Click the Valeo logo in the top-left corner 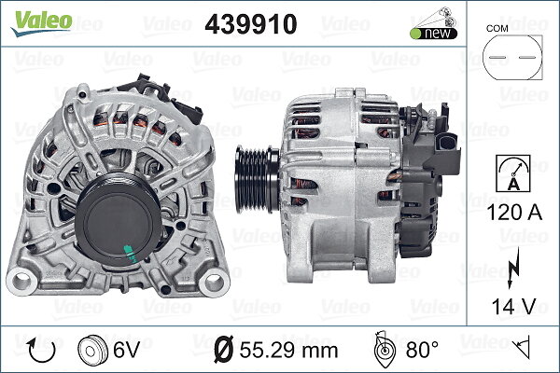point(42,23)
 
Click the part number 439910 point(251,24)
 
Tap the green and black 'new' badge point(434,34)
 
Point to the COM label point(497,29)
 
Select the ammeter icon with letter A point(512,173)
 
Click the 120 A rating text point(514,213)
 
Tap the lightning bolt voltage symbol point(513,268)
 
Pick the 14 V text point(514,306)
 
